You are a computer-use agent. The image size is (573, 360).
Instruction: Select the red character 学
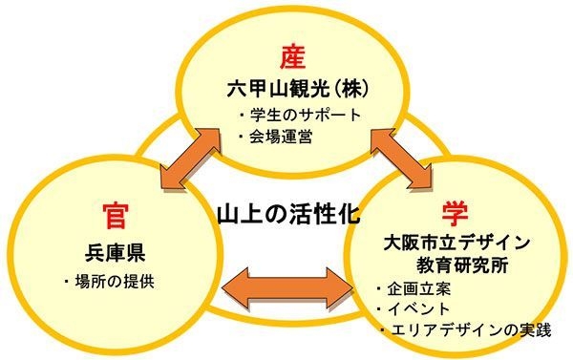coord(454,212)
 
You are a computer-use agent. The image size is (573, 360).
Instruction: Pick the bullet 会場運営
coord(280,137)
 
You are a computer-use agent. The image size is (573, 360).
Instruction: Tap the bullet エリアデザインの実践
coord(462,330)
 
